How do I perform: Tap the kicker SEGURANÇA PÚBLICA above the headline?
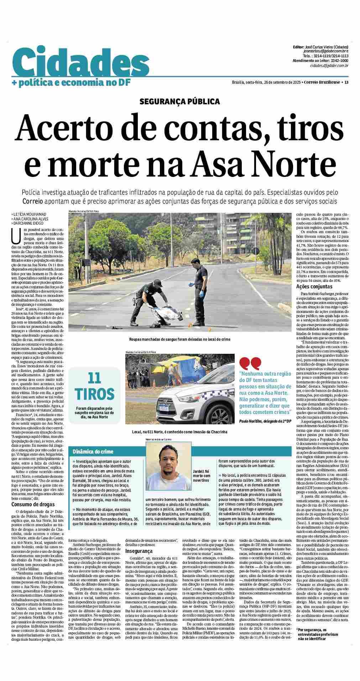pos(180,101)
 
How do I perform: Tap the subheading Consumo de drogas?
pos(33,504)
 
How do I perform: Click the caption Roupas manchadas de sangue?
pos(179,339)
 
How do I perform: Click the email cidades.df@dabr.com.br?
pos(329,65)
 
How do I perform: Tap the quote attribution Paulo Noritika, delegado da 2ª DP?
pos(265,421)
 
